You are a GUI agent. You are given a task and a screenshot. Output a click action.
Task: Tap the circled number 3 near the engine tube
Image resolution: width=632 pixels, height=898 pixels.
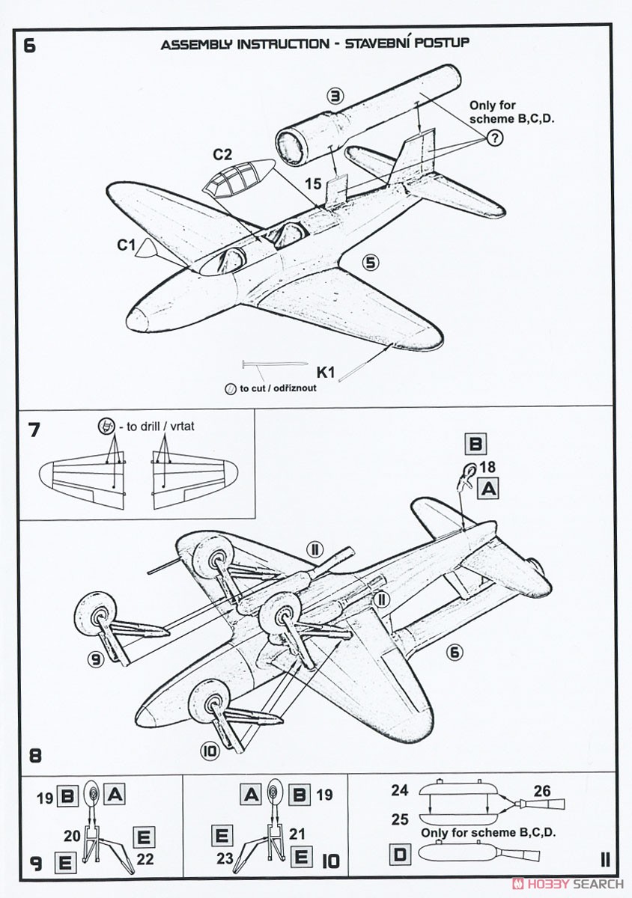pos(335,95)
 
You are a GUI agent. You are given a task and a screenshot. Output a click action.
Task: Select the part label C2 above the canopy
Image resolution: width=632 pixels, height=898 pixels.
pos(222,155)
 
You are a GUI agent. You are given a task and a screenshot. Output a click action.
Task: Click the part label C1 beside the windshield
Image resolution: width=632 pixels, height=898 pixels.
pos(125,244)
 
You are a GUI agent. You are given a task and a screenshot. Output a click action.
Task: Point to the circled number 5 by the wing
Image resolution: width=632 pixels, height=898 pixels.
pos(371,262)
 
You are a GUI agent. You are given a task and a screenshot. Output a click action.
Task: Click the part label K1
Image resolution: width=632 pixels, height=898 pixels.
pos(326,371)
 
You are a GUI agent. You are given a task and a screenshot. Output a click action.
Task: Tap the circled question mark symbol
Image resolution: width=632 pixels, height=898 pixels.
pos(495,137)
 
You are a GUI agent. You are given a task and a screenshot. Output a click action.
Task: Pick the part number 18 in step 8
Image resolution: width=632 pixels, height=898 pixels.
pos(487,468)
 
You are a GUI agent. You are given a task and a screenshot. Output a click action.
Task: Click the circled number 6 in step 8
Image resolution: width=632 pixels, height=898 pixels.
pos(454,652)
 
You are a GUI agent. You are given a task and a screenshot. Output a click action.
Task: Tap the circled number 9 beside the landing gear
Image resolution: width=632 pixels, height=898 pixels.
pos(94,659)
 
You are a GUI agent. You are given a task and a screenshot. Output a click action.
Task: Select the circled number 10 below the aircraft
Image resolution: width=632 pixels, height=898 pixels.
pos(210,750)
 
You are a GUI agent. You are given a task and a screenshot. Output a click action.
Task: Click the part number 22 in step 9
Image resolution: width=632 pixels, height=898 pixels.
pos(145,859)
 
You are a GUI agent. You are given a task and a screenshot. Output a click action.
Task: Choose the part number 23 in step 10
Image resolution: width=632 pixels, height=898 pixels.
pos(225,859)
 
